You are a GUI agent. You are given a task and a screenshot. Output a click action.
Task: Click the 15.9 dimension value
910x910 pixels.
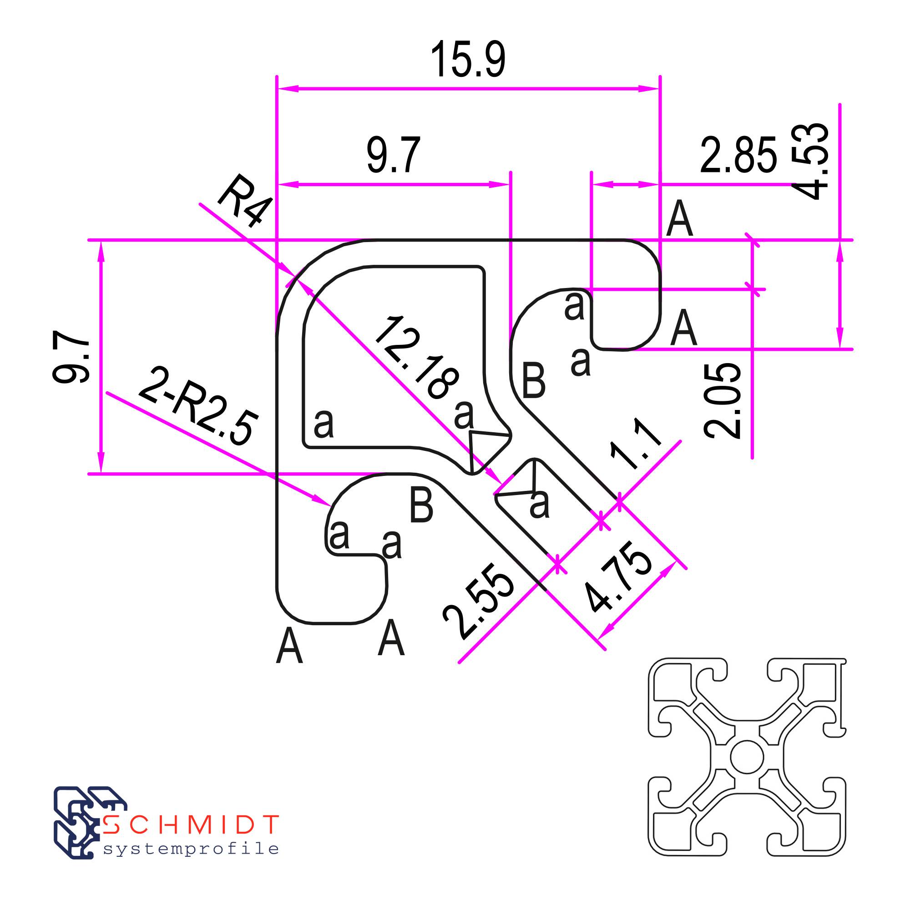coord(468,60)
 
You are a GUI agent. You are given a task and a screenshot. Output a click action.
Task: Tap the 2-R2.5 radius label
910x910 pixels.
coord(198,406)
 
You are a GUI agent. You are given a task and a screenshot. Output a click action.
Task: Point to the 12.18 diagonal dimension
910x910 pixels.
coord(417,358)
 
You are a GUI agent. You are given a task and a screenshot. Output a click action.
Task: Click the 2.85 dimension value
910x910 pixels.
coord(738,155)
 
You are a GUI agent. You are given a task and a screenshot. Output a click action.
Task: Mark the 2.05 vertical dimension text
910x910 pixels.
coord(722,401)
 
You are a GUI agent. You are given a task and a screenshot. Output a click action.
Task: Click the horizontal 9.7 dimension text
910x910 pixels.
coord(393,155)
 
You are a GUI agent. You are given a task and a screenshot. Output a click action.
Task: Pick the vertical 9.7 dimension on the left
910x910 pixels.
coord(71,357)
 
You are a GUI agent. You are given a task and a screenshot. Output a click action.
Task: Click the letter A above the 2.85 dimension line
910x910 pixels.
coord(680,218)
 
